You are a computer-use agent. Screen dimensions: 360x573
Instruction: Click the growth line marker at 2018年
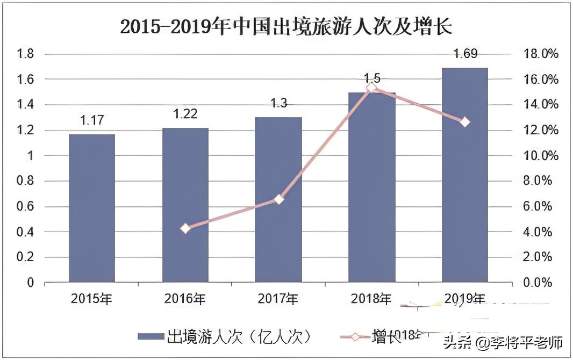point(372,88)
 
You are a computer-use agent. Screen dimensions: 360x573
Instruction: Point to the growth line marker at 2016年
point(185,228)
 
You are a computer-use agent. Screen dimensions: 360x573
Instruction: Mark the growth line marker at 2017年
point(278,199)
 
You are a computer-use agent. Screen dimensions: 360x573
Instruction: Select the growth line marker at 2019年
point(465,122)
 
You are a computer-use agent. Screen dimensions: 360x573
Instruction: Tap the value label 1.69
point(465,54)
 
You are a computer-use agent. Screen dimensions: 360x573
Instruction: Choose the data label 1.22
point(185,114)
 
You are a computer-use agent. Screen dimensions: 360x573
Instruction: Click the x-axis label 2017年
point(278,299)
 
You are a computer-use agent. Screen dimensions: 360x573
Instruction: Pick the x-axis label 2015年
point(92,299)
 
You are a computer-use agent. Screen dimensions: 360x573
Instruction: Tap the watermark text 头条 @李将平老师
point(503,342)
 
